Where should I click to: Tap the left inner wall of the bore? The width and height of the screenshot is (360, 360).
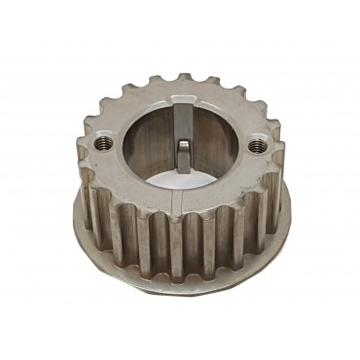pos(136,146)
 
